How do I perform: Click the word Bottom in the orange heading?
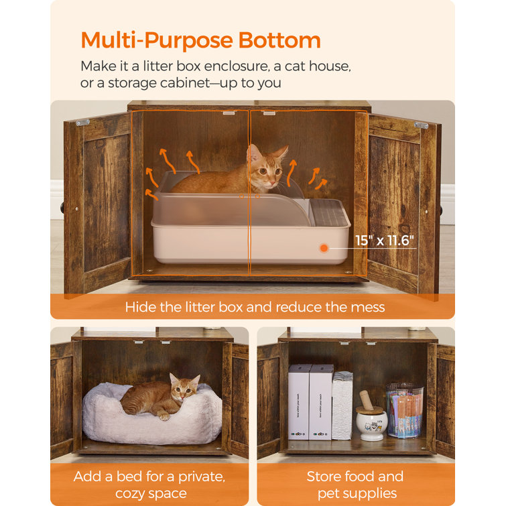(x=279, y=40)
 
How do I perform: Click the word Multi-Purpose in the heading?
(x=157, y=41)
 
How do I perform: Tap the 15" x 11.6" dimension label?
(x=384, y=241)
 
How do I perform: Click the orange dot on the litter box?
(x=324, y=248)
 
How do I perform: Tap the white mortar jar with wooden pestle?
(x=371, y=418)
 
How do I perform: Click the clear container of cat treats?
(x=405, y=410)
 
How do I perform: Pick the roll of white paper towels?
(x=342, y=405)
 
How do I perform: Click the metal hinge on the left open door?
(x=82, y=123)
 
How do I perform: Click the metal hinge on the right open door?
(x=421, y=125)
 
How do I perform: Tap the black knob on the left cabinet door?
(x=62, y=208)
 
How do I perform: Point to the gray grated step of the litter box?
(x=329, y=213)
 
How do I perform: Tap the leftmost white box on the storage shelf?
(x=299, y=402)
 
